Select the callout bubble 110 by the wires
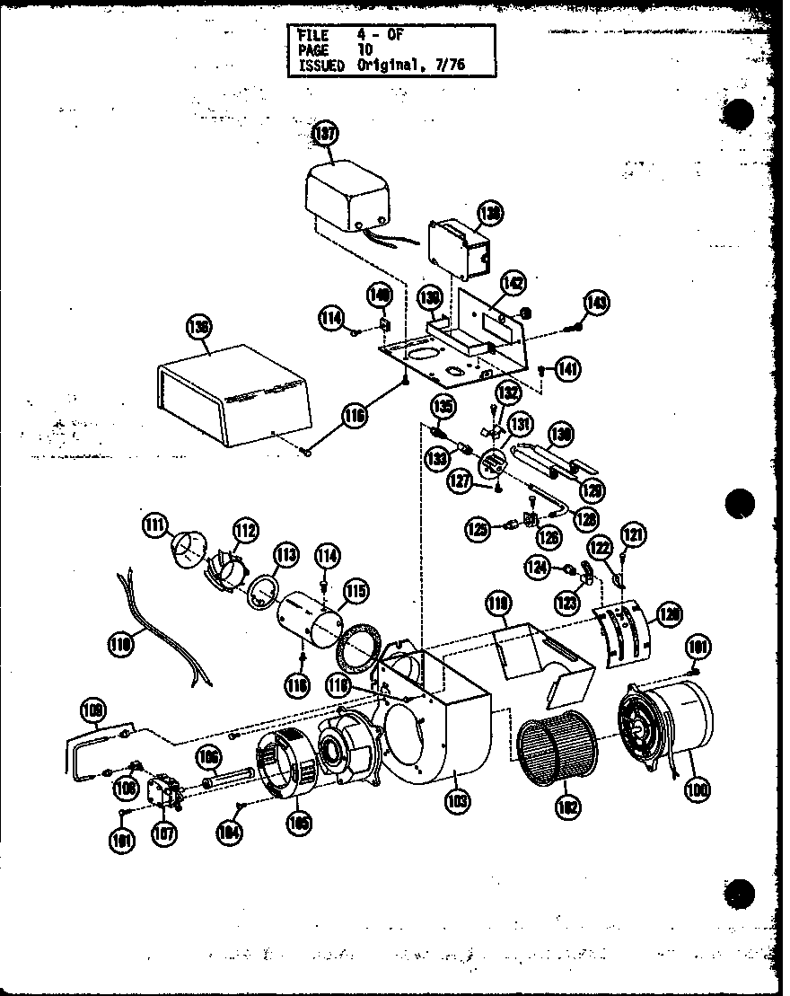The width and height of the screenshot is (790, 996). tap(121, 643)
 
